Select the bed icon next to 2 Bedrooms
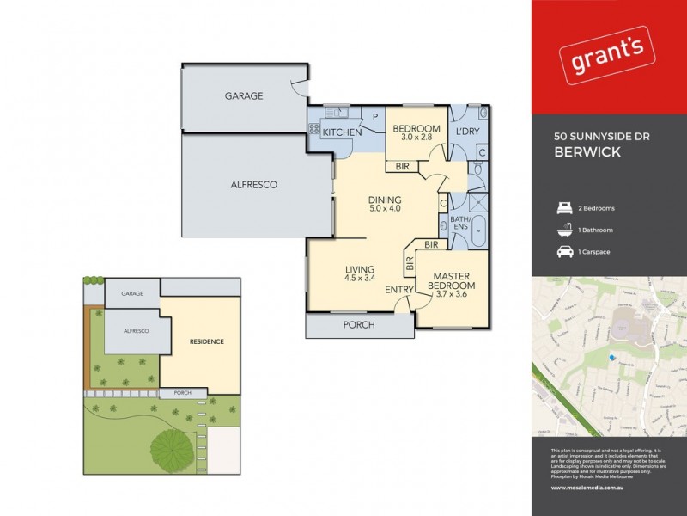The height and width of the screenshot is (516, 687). pos(563,208)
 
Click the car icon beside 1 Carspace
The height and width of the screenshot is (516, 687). pos(563,252)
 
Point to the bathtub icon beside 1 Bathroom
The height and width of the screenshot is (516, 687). pos(563,230)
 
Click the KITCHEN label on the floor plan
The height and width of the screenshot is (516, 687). pos(341,132)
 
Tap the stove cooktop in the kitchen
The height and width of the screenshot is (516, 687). pos(314,130)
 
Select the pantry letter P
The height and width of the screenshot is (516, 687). pos(374,119)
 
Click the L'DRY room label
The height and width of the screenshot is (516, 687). pos(468,132)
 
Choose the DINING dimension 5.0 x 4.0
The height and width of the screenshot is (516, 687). pos(385,207)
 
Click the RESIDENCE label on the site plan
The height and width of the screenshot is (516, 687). pos(206,341)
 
